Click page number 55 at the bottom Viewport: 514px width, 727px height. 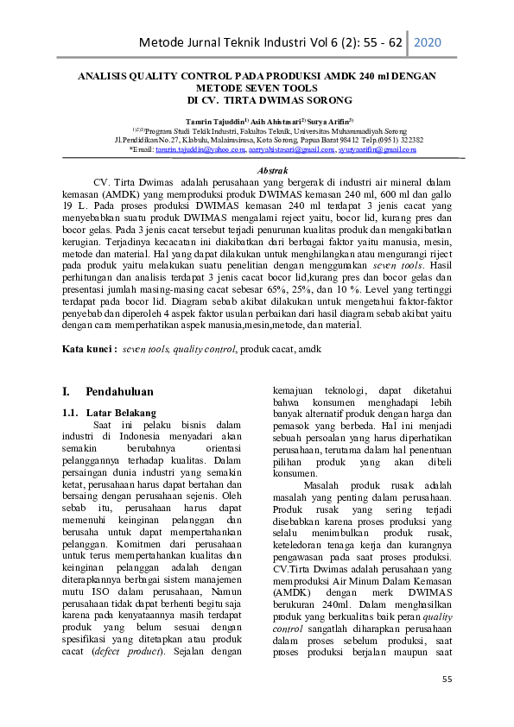447,680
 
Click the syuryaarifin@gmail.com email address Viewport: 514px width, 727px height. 378,149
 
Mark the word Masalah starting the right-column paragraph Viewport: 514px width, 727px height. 323,484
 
